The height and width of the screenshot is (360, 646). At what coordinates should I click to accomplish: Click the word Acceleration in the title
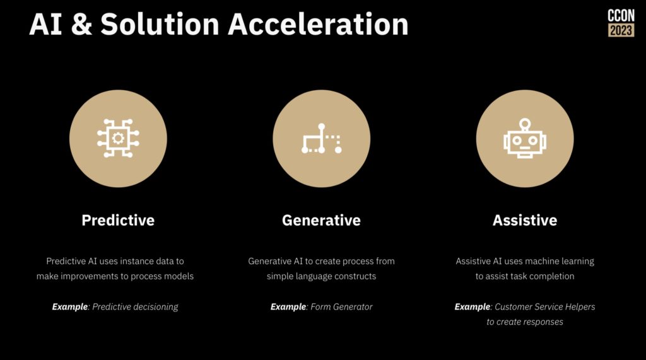[318, 24]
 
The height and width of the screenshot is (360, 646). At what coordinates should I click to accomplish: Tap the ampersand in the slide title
[81, 24]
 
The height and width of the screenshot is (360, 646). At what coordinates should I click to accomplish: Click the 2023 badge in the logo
[621, 30]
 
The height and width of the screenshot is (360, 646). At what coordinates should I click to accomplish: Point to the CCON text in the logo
[621, 16]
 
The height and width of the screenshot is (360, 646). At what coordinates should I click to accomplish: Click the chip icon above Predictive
[118, 138]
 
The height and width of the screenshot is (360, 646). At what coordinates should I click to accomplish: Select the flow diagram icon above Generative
[321, 139]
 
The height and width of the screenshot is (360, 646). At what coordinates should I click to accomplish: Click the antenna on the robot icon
[525, 124]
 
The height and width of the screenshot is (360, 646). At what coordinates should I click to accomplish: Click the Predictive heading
[118, 221]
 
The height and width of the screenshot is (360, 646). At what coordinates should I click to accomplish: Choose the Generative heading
[321, 221]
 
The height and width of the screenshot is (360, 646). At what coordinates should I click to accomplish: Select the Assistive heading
[525, 221]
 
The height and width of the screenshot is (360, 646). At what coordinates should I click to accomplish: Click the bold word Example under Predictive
[69, 307]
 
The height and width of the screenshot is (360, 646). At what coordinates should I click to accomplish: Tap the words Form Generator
[341, 307]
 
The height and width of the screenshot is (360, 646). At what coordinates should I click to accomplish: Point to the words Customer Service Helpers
[544, 307]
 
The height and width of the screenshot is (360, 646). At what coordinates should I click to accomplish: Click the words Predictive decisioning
[135, 307]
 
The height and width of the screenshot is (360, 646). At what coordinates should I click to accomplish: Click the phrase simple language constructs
[321, 276]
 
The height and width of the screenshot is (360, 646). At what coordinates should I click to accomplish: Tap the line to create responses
[525, 322]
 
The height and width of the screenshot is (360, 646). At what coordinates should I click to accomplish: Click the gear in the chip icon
[118, 138]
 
